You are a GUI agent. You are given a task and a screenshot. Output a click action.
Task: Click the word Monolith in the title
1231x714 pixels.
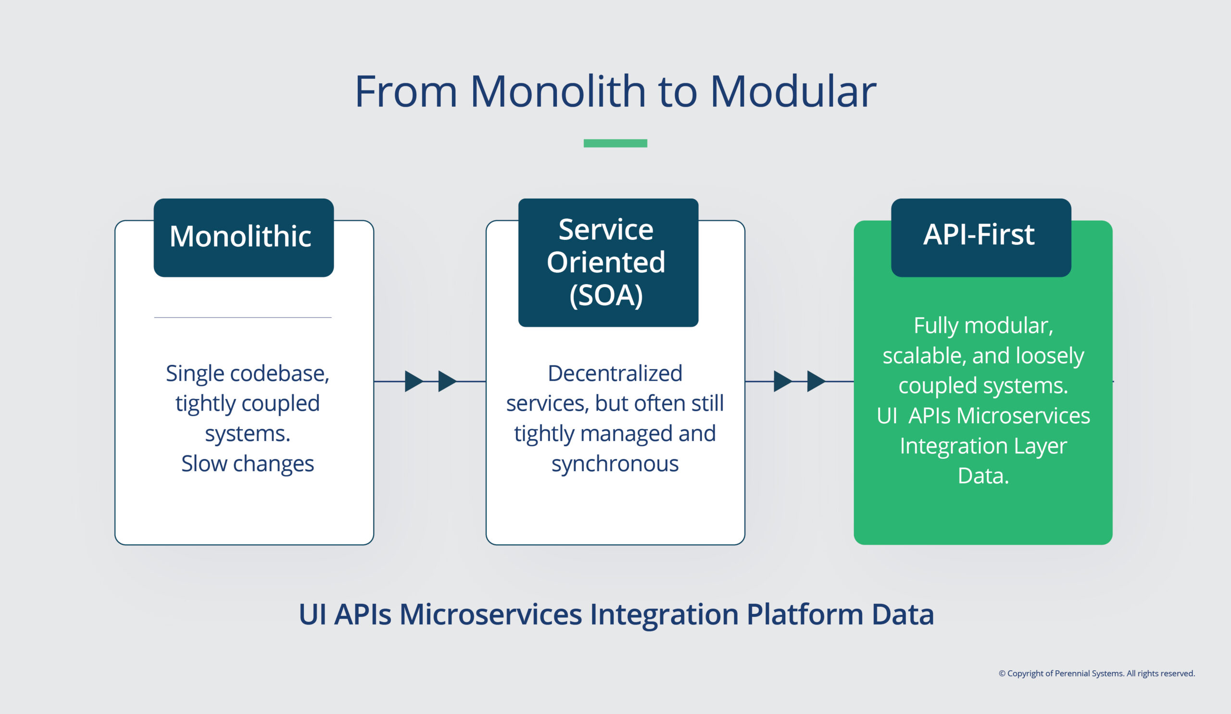pyautogui.click(x=557, y=92)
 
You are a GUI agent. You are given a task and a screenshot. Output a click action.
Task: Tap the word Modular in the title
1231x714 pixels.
pyautogui.click(x=792, y=92)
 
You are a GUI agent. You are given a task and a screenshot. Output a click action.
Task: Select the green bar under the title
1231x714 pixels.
pyautogui.click(x=615, y=143)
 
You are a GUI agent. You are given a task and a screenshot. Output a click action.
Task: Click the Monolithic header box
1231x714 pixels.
pyautogui.click(x=243, y=238)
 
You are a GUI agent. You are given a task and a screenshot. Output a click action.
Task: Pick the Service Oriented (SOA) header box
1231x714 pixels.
pyautogui.click(x=608, y=262)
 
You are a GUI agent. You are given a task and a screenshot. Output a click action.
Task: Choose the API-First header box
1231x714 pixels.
pyautogui.click(x=980, y=238)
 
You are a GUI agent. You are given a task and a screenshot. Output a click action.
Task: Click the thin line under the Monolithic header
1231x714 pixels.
pyautogui.click(x=243, y=317)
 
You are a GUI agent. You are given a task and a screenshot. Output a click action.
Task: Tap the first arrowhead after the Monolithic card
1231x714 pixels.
pyautogui.click(x=413, y=381)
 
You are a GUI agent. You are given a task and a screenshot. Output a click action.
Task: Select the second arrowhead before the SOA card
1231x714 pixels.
pyautogui.click(x=447, y=381)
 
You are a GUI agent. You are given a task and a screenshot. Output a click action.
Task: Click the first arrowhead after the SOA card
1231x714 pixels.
pyautogui.click(x=782, y=381)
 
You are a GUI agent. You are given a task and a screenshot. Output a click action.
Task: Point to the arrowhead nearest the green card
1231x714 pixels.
pyautogui.click(x=815, y=381)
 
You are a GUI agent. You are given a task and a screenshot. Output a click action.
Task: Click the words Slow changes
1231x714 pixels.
pyautogui.click(x=247, y=463)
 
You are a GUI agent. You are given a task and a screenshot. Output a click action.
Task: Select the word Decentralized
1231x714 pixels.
pyautogui.click(x=615, y=374)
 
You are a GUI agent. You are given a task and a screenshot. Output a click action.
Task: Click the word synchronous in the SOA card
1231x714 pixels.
pyautogui.click(x=615, y=463)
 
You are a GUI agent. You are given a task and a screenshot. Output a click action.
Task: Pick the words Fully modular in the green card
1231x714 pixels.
pyautogui.click(x=983, y=326)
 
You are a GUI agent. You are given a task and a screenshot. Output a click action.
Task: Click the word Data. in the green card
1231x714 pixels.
pyautogui.click(x=983, y=476)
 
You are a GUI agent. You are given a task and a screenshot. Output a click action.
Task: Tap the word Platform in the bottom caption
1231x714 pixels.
pyautogui.click(x=804, y=614)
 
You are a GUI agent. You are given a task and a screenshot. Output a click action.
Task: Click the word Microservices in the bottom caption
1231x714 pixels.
pyautogui.click(x=490, y=614)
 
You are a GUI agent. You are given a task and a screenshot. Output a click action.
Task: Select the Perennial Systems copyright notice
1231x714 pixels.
pyautogui.click(x=1096, y=674)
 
